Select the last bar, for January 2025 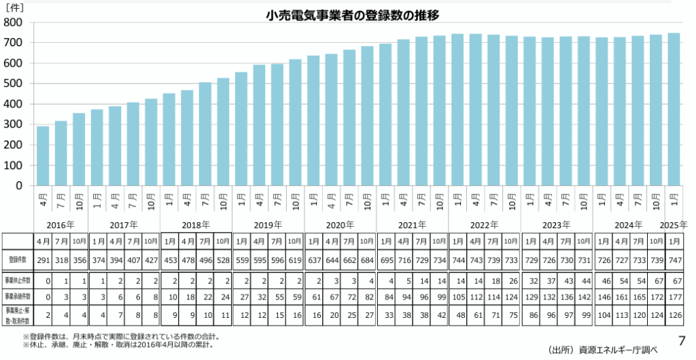tap(674, 109)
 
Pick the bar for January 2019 tap(241, 128)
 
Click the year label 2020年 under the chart tap(341, 224)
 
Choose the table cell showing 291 tap(43, 259)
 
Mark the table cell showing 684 tap(367, 259)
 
